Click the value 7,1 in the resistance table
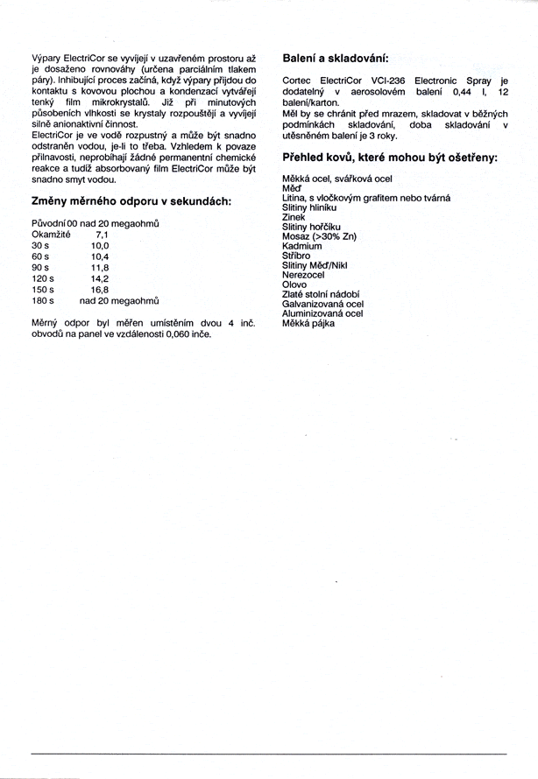(x=102, y=235)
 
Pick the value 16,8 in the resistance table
(x=99, y=289)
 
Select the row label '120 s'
(x=43, y=278)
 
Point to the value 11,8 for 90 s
(x=99, y=268)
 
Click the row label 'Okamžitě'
(x=51, y=235)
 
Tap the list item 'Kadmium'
(x=301, y=246)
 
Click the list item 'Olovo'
(x=294, y=284)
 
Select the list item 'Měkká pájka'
(x=308, y=323)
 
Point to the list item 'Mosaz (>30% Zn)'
(x=319, y=236)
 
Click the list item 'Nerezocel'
(x=303, y=275)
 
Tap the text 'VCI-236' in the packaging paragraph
(x=386, y=81)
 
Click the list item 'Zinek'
(x=294, y=217)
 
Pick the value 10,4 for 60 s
(x=99, y=257)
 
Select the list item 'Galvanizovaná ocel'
(x=322, y=304)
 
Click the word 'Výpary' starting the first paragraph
(x=46, y=57)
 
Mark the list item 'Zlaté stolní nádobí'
(x=321, y=294)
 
